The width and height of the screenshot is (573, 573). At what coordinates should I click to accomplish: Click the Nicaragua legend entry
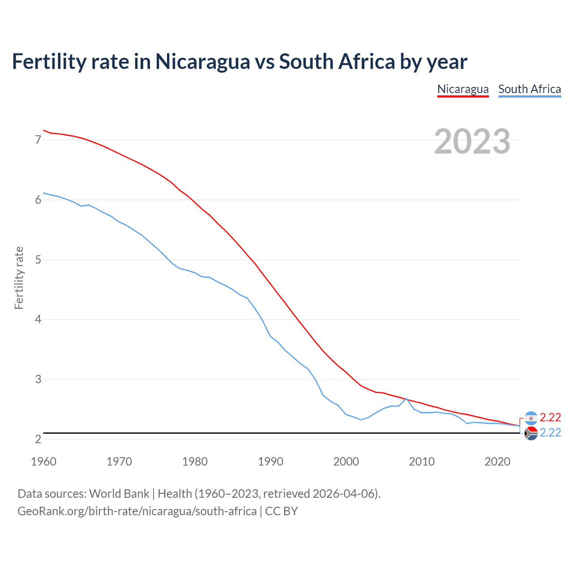(x=463, y=89)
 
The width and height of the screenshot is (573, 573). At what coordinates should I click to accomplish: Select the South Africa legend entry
(x=530, y=89)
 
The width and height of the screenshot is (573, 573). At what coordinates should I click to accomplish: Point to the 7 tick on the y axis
(x=38, y=140)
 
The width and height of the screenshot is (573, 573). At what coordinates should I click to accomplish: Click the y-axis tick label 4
(x=38, y=320)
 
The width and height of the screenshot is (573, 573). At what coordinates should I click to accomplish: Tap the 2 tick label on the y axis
(x=38, y=439)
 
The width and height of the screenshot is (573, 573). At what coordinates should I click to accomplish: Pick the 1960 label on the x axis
(x=43, y=462)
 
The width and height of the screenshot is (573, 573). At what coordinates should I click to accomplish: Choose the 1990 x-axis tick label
(x=270, y=462)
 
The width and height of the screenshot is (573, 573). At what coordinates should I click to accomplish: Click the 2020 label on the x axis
(x=497, y=462)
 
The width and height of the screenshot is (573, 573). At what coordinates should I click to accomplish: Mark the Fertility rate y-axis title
(x=19, y=278)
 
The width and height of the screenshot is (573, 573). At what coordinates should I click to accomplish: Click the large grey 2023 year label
(x=472, y=141)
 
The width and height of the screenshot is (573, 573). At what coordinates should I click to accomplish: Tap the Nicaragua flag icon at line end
(x=531, y=418)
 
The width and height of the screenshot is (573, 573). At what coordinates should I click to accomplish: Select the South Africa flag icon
(x=531, y=433)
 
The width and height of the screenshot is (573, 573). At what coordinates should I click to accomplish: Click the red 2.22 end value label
(x=550, y=417)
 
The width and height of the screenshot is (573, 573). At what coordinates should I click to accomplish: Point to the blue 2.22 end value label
(x=550, y=432)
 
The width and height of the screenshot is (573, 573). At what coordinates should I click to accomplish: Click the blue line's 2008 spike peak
(x=406, y=398)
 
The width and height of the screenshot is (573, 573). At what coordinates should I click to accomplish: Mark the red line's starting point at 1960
(x=43, y=130)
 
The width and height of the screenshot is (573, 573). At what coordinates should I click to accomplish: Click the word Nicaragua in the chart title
(x=203, y=61)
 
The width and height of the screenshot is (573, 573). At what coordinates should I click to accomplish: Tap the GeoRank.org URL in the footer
(x=137, y=511)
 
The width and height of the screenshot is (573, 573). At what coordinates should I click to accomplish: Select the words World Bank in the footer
(x=119, y=494)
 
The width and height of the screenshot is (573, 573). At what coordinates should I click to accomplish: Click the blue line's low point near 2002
(x=361, y=419)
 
